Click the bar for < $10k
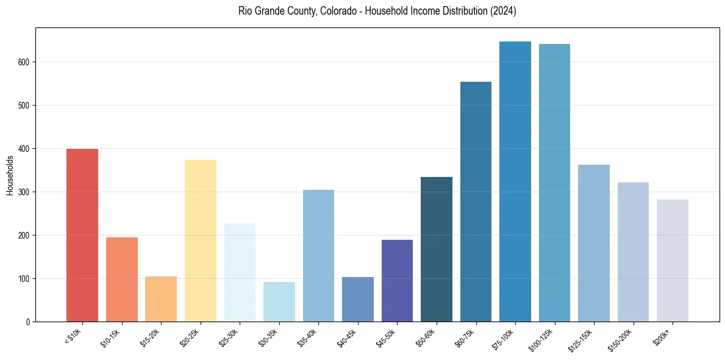(x=82, y=235)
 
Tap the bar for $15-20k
(x=161, y=299)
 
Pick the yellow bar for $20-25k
(x=200, y=240)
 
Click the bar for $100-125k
(x=554, y=182)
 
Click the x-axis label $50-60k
(x=427, y=338)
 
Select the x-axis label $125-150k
(x=582, y=339)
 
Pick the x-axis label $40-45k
(x=348, y=338)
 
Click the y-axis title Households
(x=10, y=175)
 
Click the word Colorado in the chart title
(x=337, y=12)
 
